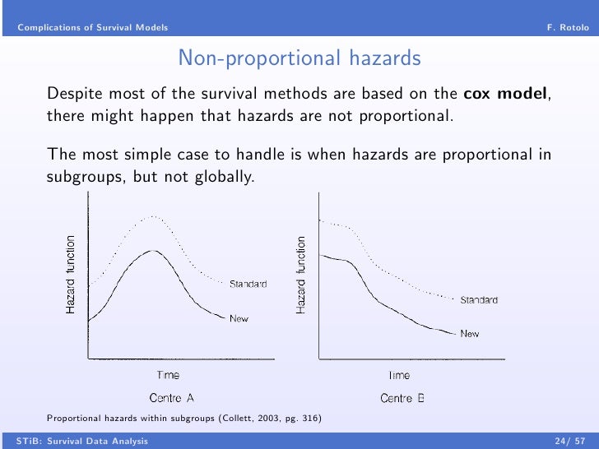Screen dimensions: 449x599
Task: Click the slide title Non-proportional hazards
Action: [299, 58]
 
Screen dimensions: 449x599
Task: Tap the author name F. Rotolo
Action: [568, 28]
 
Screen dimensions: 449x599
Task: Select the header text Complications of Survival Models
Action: [93, 28]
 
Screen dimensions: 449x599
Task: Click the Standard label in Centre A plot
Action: [248, 284]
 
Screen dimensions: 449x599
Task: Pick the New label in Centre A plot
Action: [239, 318]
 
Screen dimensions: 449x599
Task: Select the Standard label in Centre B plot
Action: [478, 300]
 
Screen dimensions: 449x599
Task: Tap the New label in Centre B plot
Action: [470, 334]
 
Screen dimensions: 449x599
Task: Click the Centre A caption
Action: [171, 398]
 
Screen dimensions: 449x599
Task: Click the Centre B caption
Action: [402, 398]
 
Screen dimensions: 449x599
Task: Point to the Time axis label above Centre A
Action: [168, 375]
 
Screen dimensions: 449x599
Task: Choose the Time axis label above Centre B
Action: [399, 375]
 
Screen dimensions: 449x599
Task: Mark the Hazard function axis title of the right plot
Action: [301, 274]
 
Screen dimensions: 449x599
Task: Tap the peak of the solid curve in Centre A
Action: [152, 250]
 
